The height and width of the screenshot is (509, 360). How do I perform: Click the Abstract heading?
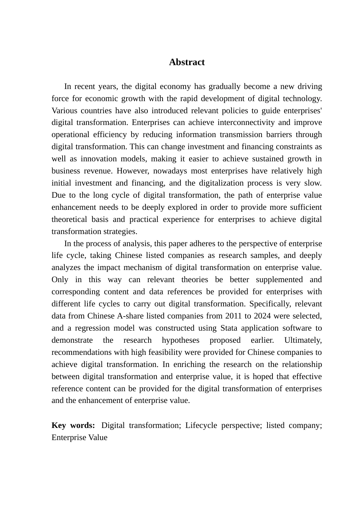[186, 62]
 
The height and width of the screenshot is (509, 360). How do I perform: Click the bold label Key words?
[73, 425]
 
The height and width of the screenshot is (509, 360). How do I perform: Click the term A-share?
[132, 316]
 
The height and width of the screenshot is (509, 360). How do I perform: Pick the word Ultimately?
[303, 340]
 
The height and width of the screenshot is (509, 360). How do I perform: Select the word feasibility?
[164, 352]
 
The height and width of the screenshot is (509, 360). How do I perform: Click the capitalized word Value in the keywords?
[98, 437]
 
